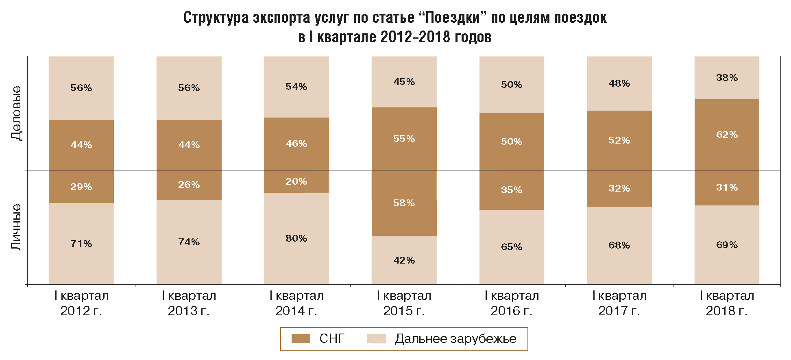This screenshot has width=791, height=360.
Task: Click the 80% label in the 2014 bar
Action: [296, 238]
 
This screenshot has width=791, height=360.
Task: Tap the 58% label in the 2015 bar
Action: [404, 203]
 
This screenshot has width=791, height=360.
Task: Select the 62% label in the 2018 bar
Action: [727, 135]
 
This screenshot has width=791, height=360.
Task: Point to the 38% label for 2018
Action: [727, 78]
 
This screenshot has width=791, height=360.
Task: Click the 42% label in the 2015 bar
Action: [404, 260]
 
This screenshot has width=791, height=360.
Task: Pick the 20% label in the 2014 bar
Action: [296, 181]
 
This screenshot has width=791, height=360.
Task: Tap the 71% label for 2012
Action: [81, 244]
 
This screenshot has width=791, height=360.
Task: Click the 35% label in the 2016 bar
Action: [511, 190]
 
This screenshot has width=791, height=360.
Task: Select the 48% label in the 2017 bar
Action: [619, 83]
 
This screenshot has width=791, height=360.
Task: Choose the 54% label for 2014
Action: [296, 87]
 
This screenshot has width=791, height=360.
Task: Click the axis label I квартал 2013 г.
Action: [189, 303]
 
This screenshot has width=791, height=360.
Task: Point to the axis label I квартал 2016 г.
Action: [511, 303]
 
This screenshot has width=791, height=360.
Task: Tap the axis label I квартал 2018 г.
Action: [727, 303]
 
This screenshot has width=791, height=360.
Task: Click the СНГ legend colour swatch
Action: [301, 338]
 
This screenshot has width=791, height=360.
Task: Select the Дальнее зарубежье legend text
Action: [455, 338]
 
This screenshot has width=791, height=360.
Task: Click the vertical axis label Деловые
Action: [16, 113]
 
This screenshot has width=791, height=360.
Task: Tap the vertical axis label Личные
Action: [16, 227]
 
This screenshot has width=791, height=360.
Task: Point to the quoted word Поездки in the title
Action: [452, 18]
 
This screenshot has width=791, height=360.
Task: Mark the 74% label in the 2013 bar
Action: [189, 242]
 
